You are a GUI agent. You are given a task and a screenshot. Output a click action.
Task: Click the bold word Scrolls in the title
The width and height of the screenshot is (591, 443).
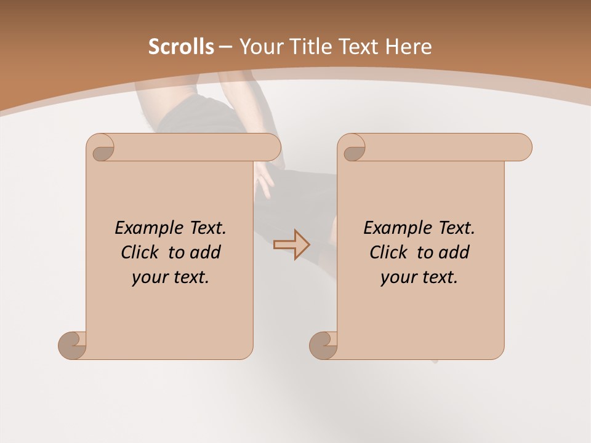(x=181, y=47)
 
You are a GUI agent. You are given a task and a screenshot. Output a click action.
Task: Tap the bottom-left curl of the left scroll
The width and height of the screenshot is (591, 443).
(x=72, y=345)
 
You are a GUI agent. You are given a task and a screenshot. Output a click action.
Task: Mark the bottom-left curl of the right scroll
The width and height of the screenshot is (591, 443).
(x=323, y=345)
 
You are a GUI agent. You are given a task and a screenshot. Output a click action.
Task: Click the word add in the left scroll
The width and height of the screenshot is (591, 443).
(x=206, y=252)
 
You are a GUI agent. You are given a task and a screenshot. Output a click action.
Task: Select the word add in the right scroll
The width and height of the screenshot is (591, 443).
(x=454, y=252)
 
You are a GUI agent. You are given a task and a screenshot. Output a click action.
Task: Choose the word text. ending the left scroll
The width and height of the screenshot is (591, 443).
(x=188, y=277)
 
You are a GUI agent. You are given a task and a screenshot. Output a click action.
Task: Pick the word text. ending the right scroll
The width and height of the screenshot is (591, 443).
(x=436, y=277)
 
